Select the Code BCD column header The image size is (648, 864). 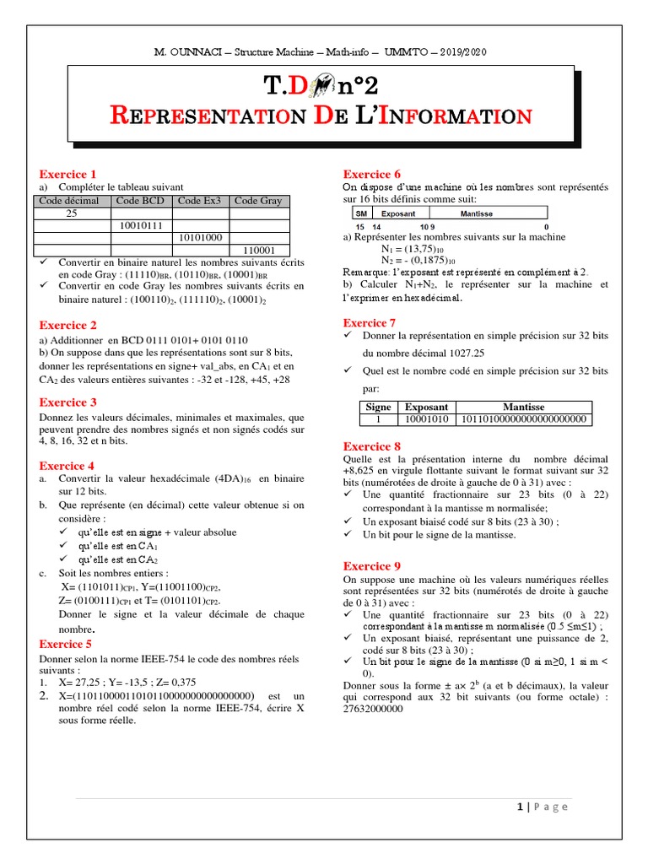coord(140,201)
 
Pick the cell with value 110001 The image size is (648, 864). coord(259,251)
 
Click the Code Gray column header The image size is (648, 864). coord(258,201)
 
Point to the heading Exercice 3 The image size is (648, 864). coord(68,402)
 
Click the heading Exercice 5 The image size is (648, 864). coord(68,644)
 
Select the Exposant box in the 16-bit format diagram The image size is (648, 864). coord(398,214)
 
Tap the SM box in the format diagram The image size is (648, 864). coord(361,214)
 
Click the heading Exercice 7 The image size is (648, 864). coord(370,323)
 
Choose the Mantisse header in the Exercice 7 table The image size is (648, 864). coord(524,407)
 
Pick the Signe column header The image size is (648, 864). coord(378,407)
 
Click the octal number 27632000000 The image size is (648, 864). coord(374,710)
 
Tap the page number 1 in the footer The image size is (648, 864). coord(521,807)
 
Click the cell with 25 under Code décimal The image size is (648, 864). coord(72,213)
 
